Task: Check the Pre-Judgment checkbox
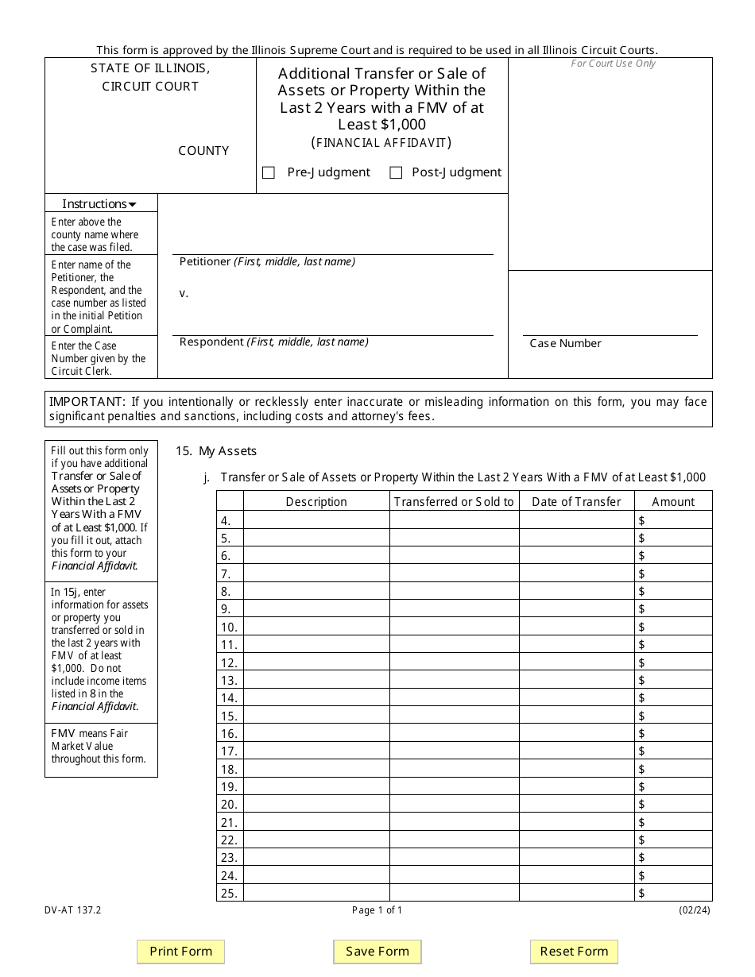click(269, 173)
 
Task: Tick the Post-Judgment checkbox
click(396, 173)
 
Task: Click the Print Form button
click(181, 951)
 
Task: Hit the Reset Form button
click(574, 951)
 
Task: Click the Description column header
click(316, 501)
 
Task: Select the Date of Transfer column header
click(576, 501)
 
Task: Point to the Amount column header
click(673, 501)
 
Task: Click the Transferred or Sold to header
click(454, 501)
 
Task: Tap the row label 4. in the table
click(226, 520)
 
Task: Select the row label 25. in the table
click(229, 893)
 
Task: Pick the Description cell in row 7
click(316, 573)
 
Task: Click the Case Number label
click(565, 343)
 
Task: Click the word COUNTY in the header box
click(203, 150)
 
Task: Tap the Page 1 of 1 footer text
click(377, 910)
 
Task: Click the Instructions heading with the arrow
click(99, 203)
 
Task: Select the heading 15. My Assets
click(216, 450)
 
